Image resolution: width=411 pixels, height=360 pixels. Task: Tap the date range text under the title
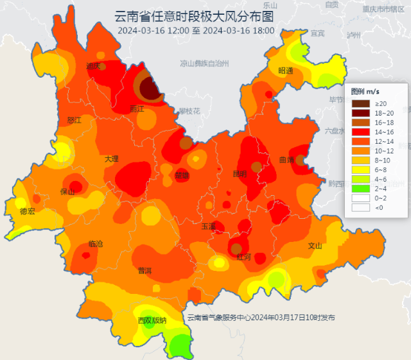click(196, 30)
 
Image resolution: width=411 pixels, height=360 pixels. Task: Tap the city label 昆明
click(240, 174)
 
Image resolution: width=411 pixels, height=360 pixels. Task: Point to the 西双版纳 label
click(152, 320)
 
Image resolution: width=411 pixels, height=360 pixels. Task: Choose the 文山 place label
click(315, 245)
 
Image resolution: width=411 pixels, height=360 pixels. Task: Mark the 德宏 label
click(27, 210)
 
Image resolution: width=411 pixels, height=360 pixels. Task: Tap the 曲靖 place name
click(287, 160)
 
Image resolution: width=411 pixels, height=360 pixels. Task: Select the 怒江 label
click(74, 120)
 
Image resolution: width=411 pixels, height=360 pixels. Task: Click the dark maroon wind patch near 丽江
click(150, 88)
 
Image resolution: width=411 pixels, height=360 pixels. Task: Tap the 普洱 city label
click(144, 271)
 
